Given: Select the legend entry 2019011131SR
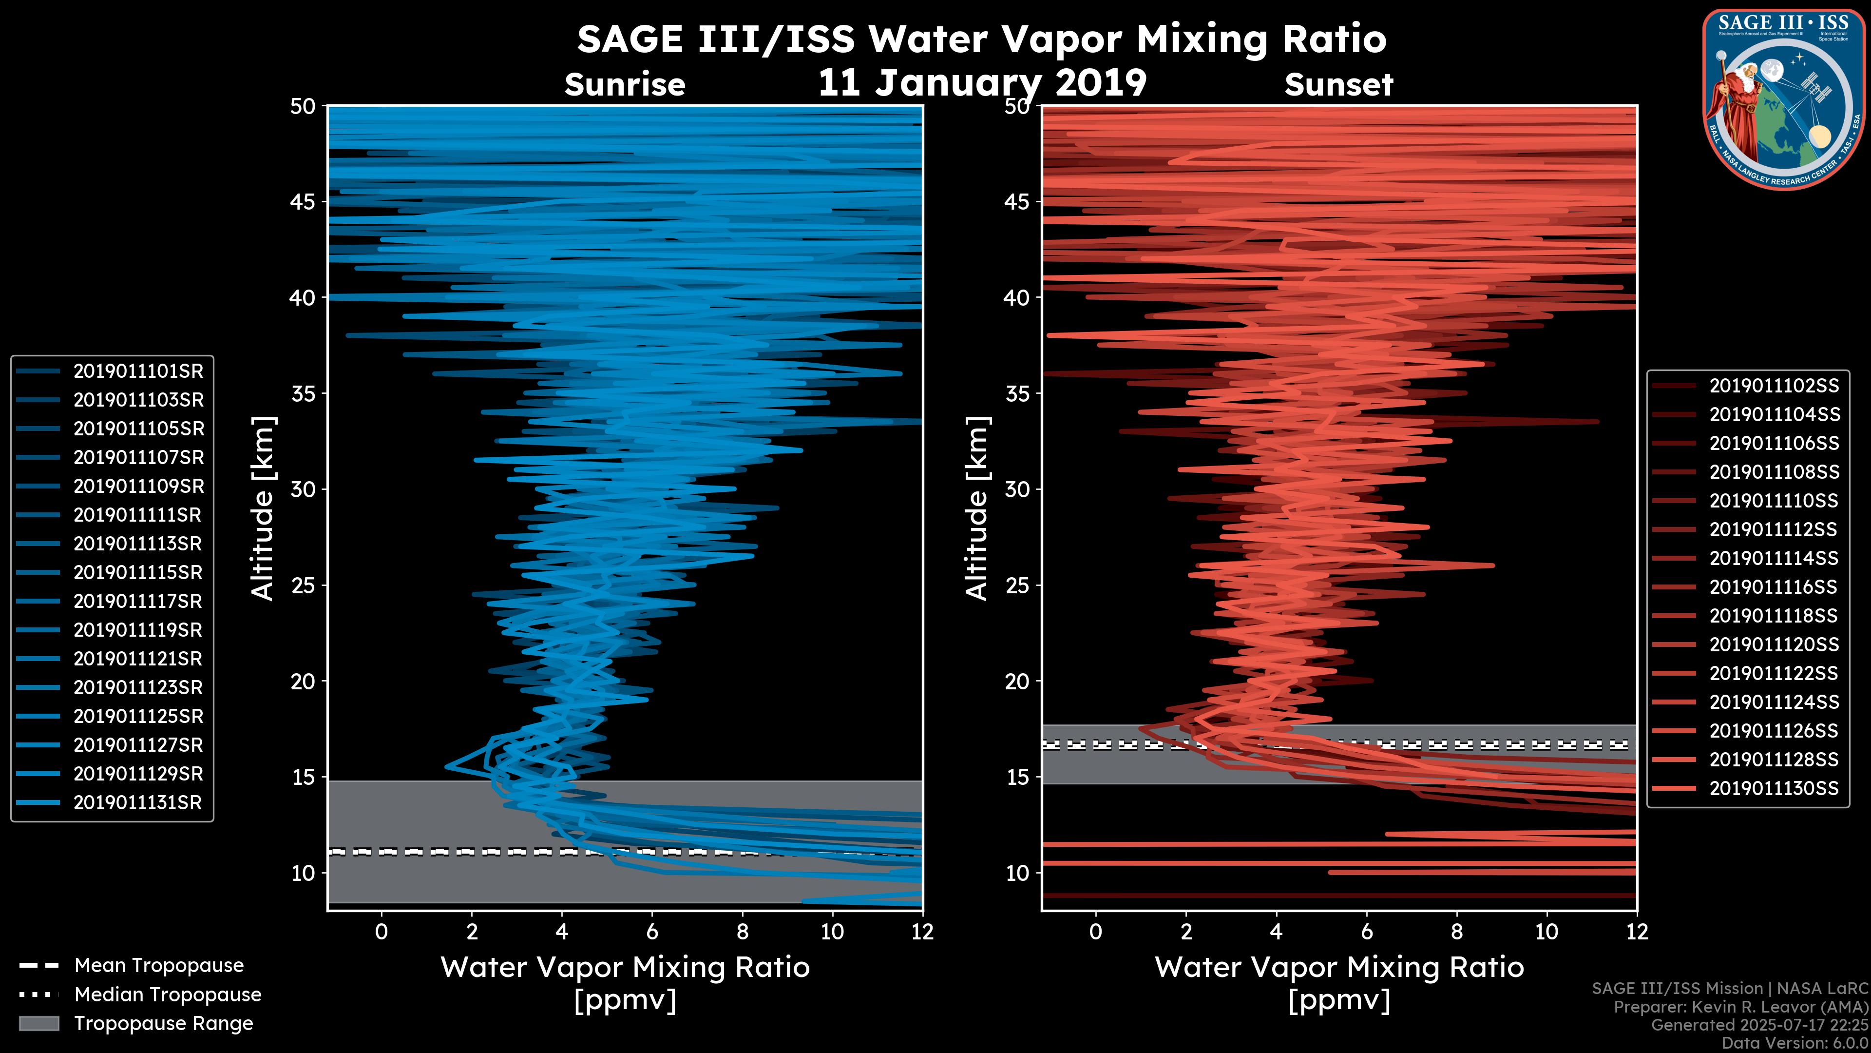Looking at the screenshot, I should (x=138, y=803).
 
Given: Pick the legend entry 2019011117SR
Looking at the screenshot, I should (x=138, y=602).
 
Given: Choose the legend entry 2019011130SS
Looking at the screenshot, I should (x=1774, y=788).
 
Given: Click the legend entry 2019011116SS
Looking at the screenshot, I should (x=1774, y=587).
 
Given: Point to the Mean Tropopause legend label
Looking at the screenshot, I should (x=158, y=965).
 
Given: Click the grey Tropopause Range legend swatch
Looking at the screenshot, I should (x=38, y=1023).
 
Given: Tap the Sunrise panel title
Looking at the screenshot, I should (x=625, y=85).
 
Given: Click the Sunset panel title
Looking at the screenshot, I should (x=1338, y=85).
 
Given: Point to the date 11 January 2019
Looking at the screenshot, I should (x=982, y=83).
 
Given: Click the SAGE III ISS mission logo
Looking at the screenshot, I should (x=1784, y=99).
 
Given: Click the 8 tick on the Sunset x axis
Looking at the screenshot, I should (x=1456, y=932).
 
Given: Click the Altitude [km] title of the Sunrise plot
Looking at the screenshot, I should (x=263, y=508).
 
